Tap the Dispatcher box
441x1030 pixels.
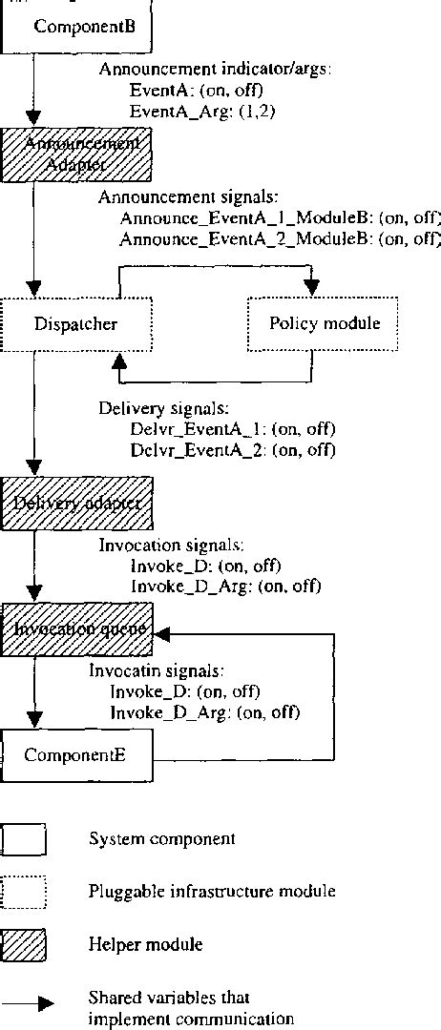[76, 324]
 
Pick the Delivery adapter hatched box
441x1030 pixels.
[76, 503]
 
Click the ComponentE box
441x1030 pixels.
[76, 756]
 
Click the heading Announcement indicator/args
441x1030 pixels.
[215, 71]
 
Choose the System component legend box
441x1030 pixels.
[25, 840]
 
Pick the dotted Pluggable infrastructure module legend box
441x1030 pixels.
[25, 892]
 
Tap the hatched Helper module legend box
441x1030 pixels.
[25, 945]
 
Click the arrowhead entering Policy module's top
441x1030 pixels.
[311, 288]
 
